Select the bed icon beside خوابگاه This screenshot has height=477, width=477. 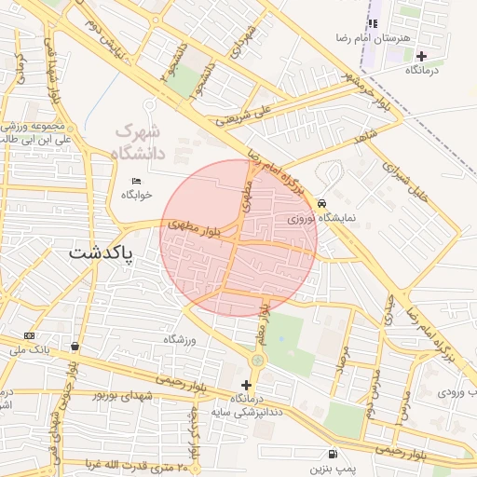(137, 180)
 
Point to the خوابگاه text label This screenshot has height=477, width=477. (136, 195)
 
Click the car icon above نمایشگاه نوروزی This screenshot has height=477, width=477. (321, 203)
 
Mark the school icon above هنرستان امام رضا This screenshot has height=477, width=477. (373, 24)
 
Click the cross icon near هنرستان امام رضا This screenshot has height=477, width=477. (421, 56)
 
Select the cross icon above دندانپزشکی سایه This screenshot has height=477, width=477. (246, 385)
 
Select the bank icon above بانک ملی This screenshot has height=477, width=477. (29, 335)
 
